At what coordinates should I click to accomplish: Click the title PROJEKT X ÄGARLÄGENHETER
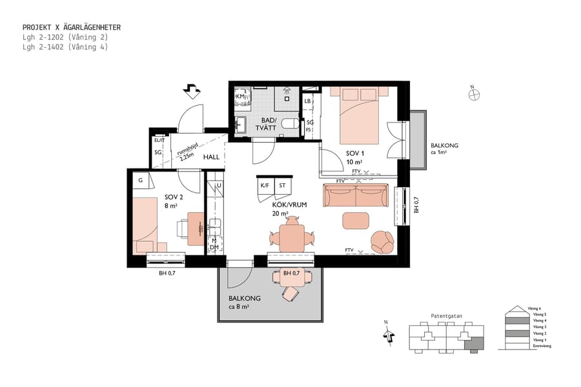[72, 28]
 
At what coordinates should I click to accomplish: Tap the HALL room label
[212, 157]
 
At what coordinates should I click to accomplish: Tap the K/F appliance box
[265, 185]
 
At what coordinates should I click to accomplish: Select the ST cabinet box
[282, 185]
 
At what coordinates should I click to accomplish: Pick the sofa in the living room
[356, 196]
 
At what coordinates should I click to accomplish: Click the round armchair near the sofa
[382, 242]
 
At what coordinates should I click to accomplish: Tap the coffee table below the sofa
[355, 221]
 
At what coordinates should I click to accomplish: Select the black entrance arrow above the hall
[192, 91]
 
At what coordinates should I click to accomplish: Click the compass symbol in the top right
[474, 95]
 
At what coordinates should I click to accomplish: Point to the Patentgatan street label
[445, 316]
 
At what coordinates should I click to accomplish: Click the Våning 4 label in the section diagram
[537, 320]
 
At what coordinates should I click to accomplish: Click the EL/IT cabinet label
[159, 140]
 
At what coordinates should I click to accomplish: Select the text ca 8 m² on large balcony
[239, 307]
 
